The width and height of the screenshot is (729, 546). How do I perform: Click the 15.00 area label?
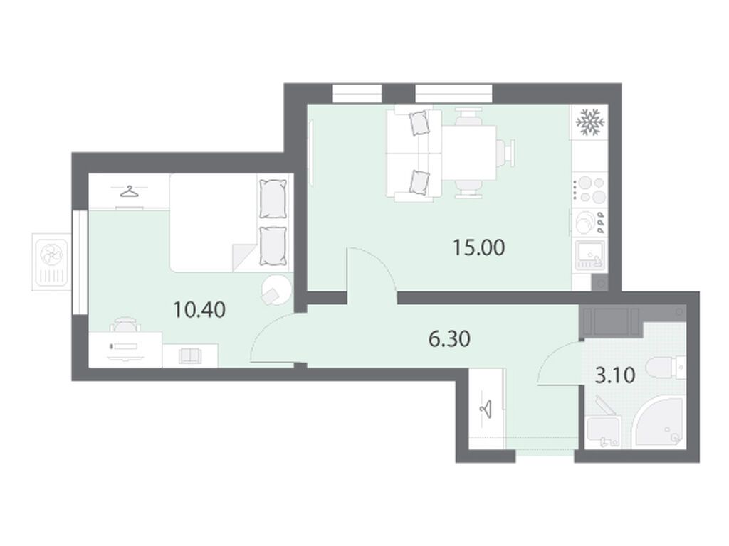pos(479,247)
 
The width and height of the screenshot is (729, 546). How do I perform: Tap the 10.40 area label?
pos(199,309)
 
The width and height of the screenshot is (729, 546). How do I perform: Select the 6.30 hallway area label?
pos(449,339)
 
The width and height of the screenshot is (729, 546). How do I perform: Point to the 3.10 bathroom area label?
pos(615,375)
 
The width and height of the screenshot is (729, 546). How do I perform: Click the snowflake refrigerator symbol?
pos(590,122)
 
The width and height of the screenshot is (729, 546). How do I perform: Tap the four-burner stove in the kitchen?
pos(590,189)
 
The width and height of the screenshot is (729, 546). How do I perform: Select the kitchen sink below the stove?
pos(590,256)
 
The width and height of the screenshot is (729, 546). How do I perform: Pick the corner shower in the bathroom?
pos(660,422)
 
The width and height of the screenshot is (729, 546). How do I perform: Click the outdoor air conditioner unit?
pos(51,262)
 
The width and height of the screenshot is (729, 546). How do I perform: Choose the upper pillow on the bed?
pos(273,198)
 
